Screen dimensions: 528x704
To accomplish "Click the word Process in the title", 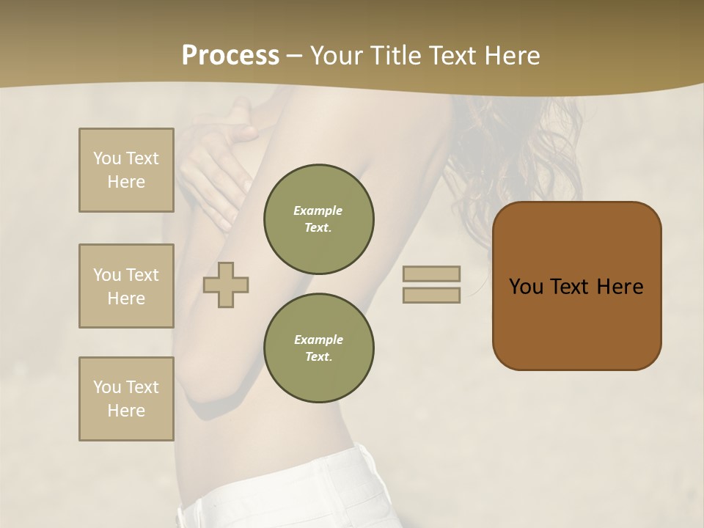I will pyautogui.click(x=230, y=56).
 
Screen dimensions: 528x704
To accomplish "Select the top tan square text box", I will pyautogui.click(x=126, y=170).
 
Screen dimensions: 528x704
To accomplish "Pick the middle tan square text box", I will pyautogui.click(x=126, y=286).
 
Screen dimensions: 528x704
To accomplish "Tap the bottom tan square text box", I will pyautogui.click(x=126, y=398).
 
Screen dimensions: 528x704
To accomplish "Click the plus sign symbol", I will pyautogui.click(x=226, y=285).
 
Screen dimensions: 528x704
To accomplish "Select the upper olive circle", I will pyautogui.click(x=318, y=219).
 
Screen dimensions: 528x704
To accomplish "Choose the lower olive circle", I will pyautogui.click(x=318, y=348).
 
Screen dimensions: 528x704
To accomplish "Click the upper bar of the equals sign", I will pyautogui.click(x=431, y=274).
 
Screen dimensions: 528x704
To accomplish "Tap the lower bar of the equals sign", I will pyautogui.click(x=431, y=296).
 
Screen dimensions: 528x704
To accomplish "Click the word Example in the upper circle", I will pyautogui.click(x=318, y=210).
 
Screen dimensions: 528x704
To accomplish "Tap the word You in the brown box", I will pyautogui.click(x=526, y=287).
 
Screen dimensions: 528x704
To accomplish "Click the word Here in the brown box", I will pyautogui.click(x=620, y=287).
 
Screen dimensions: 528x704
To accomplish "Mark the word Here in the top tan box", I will pyautogui.click(x=126, y=182).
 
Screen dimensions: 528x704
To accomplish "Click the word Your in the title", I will pyautogui.click(x=337, y=56).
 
